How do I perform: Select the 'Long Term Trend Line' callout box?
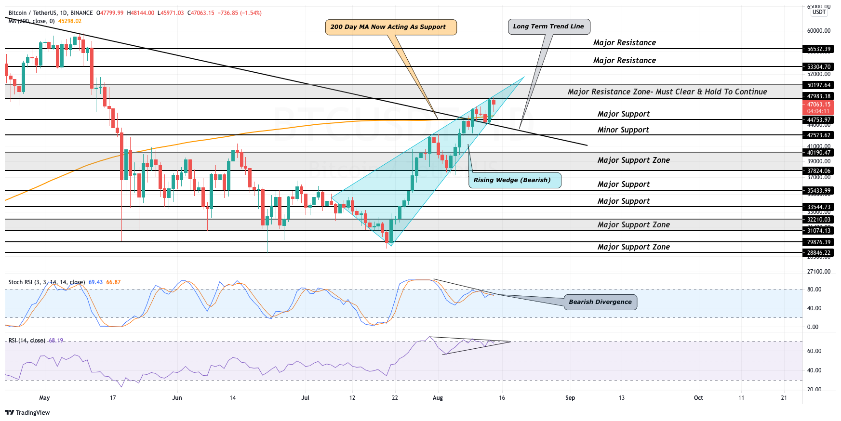tap(548, 26)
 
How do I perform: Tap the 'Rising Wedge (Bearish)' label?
tap(512, 180)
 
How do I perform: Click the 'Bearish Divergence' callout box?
tap(600, 302)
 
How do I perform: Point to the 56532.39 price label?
tap(819, 49)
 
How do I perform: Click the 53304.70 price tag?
tap(819, 66)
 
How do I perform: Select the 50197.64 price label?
tap(819, 85)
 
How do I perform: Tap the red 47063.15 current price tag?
tap(819, 104)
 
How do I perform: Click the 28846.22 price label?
tap(819, 252)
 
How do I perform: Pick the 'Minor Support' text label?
tap(623, 130)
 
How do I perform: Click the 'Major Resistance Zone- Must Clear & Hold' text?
tap(667, 92)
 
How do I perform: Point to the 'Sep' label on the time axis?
tap(570, 398)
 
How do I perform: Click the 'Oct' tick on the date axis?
tap(698, 398)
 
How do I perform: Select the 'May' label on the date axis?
tap(44, 398)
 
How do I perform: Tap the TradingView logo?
tap(27, 412)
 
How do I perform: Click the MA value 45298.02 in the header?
tap(70, 21)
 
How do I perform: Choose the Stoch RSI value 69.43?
tap(95, 282)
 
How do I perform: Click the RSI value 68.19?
tap(56, 341)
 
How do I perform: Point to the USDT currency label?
tap(819, 12)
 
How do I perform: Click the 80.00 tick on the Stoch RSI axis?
tap(814, 289)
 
